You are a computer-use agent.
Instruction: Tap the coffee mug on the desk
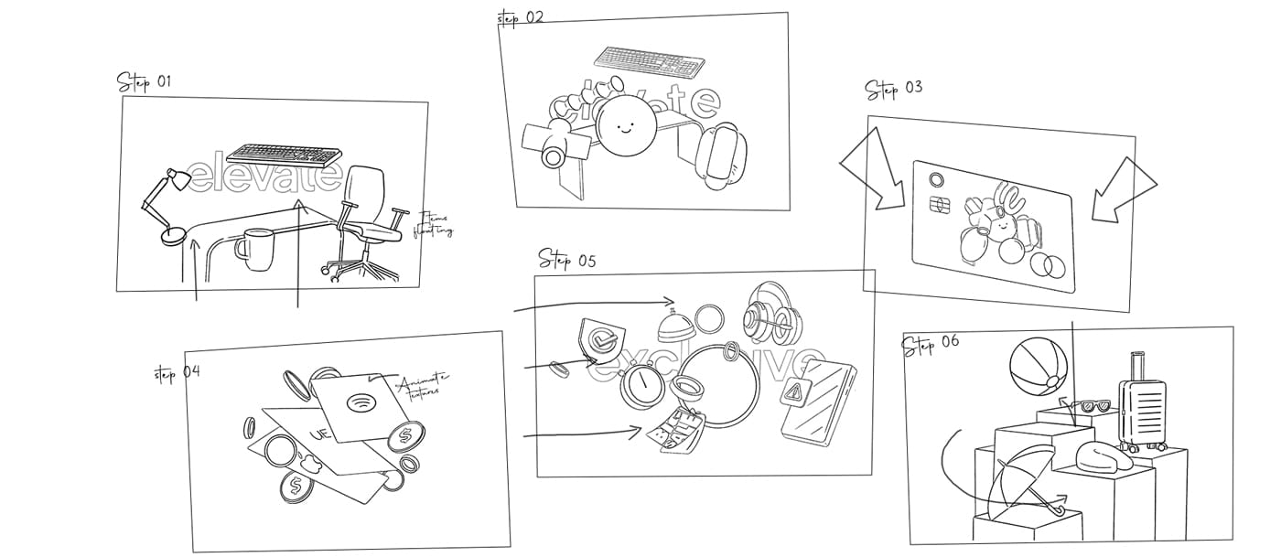[x=253, y=249]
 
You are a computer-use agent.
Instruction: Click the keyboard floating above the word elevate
[x=283, y=153]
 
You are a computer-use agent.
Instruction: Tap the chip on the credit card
[x=937, y=204]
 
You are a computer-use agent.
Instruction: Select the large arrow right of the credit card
[x=1121, y=187]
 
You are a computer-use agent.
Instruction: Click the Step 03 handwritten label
[x=894, y=90]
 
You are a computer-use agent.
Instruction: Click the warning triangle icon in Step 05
[x=791, y=393]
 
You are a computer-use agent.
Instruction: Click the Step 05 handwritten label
[x=566, y=260]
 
